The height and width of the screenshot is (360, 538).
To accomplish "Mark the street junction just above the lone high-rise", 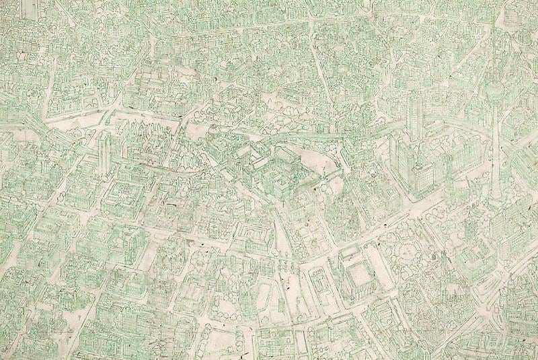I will (x=101, y=121).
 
